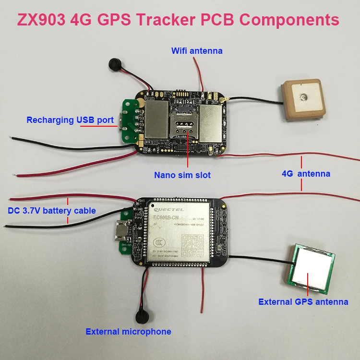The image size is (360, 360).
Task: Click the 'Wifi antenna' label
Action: [x=197, y=50]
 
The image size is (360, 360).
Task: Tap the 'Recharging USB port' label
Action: [x=70, y=120]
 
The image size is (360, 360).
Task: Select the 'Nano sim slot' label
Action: [x=182, y=175]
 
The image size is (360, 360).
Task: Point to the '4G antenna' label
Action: [x=306, y=174]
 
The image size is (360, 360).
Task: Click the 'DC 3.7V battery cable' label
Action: [x=51, y=210]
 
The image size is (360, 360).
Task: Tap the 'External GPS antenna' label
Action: [x=303, y=302]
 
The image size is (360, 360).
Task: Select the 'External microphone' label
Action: [x=128, y=331]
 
